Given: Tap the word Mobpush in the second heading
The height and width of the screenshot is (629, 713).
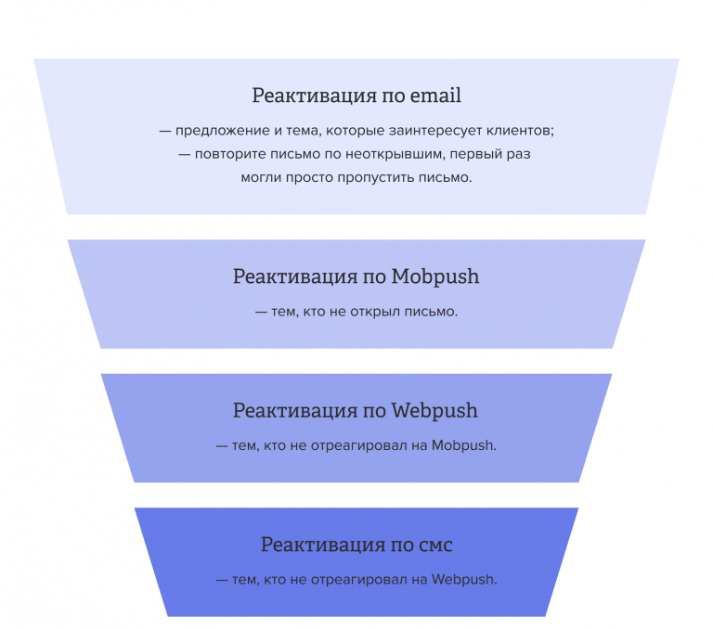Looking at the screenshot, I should tap(435, 276).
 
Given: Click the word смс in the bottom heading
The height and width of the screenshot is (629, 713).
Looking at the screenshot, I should tap(432, 545).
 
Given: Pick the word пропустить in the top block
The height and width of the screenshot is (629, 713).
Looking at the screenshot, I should tap(382, 176).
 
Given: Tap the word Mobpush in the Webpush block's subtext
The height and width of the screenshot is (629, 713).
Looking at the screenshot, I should tap(464, 445).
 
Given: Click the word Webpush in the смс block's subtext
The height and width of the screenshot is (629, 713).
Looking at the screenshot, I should tap(464, 580).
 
